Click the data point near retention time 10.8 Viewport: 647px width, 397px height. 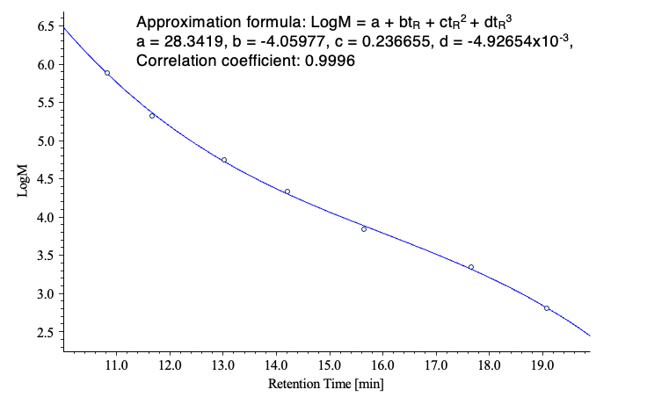107,73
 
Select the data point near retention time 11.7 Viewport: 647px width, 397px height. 152,116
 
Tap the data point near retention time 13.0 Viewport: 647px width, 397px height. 224,160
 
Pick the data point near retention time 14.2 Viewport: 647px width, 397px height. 287,191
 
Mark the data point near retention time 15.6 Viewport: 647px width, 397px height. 364,229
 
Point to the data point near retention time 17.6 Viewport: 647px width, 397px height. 471,267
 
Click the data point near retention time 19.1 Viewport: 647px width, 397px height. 547,308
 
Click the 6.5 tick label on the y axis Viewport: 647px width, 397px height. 46,26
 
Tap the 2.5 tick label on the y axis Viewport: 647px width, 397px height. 46,332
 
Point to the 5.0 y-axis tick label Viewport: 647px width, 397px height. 46,141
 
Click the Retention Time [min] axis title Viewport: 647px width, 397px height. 326,384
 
